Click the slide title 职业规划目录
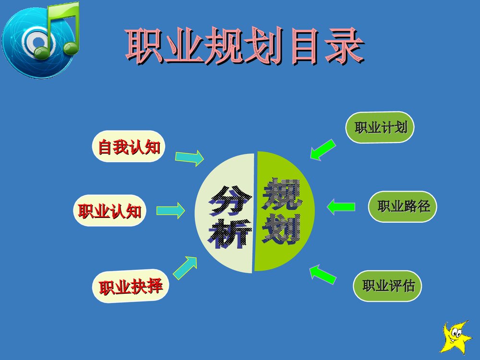click(x=244, y=47)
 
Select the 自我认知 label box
click(x=129, y=146)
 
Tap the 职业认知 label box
click(x=109, y=211)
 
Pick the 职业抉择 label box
click(x=131, y=287)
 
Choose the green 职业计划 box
click(x=380, y=128)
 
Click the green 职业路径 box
click(x=403, y=207)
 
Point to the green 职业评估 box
click(x=388, y=287)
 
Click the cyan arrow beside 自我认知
click(x=189, y=158)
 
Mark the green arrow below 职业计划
click(x=323, y=149)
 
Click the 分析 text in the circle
click(x=229, y=216)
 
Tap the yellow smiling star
click(x=456, y=337)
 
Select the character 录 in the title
click(x=342, y=47)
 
